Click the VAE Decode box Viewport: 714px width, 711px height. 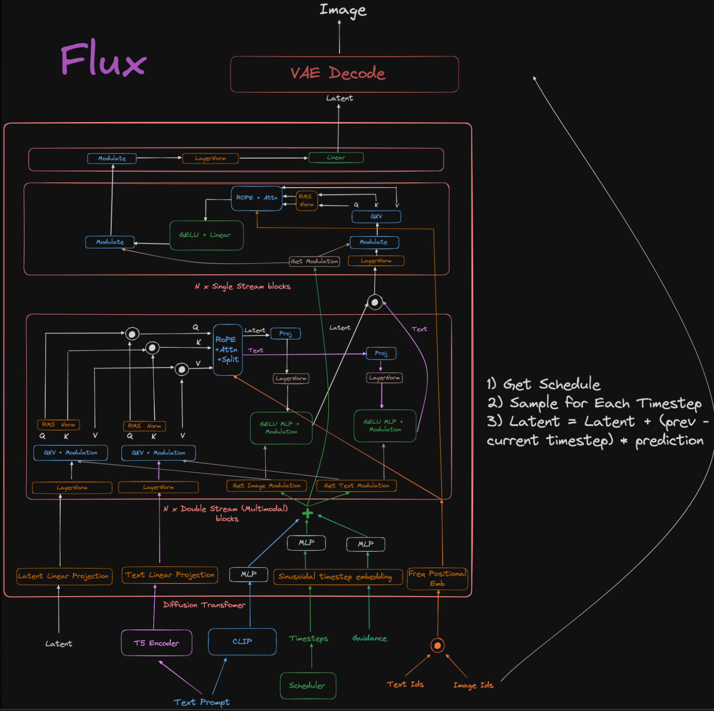pos(344,74)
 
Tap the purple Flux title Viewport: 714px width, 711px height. pos(104,59)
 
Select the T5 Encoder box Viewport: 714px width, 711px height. pos(157,643)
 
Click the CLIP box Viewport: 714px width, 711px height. pos(242,641)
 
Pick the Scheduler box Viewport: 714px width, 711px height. pos(308,686)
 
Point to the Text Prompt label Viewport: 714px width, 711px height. pos(202,702)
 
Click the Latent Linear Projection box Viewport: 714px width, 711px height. pos(64,576)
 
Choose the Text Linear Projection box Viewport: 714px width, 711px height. pos(170,575)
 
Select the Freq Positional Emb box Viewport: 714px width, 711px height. pos(437,578)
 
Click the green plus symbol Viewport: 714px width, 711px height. pos(308,513)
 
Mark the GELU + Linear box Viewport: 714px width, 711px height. pos(206,235)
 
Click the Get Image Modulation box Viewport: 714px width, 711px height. pos(267,486)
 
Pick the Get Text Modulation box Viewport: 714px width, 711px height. pos(357,486)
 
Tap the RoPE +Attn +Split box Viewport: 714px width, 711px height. pos(228,350)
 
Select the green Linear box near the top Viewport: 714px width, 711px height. pos(336,157)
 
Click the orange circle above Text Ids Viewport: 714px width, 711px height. pos(437,645)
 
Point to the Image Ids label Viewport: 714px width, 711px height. pos(473,685)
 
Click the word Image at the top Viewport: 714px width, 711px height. pos(343,10)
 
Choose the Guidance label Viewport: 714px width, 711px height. pos(370,638)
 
